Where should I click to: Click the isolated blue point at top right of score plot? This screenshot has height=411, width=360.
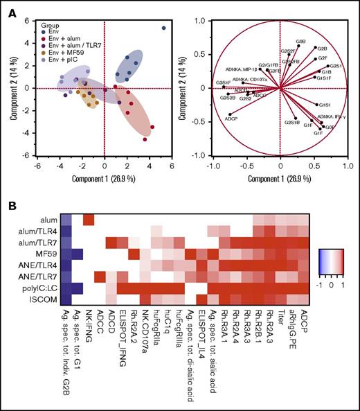point(163,28)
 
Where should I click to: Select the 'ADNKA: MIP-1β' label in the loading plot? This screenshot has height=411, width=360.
point(242,70)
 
